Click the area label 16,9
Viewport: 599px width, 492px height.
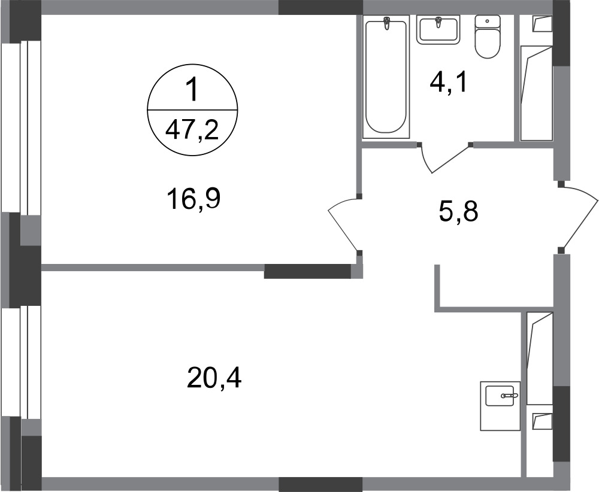[x=193, y=200]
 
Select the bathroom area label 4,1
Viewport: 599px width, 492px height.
[x=448, y=83]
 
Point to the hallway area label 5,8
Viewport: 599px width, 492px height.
[x=458, y=212]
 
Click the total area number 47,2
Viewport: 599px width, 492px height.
[x=192, y=132]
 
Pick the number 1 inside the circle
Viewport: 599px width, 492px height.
[x=192, y=90]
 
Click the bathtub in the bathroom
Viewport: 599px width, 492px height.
[x=386, y=77]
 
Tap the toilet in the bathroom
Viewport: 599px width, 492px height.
[x=488, y=37]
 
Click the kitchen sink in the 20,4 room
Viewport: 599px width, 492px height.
[x=500, y=406]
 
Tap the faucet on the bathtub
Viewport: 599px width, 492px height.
[x=387, y=23]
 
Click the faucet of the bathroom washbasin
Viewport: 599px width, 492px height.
[x=438, y=23]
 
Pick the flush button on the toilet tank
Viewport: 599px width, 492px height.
[x=487, y=22]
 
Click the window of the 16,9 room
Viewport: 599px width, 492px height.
[x=20, y=127]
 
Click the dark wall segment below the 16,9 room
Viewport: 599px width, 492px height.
[x=308, y=271]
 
